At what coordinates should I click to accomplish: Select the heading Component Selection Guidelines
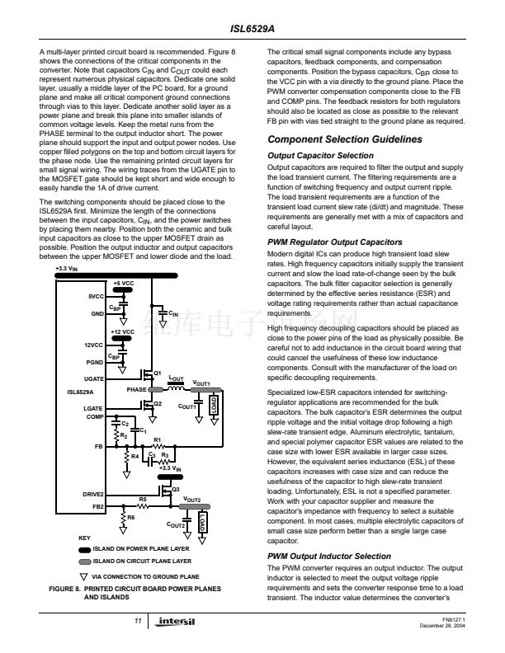(345, 139)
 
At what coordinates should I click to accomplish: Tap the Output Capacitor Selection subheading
(320, 155)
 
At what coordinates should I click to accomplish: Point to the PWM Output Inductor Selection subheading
(329, 557)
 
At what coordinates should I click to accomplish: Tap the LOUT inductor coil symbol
(176, 387)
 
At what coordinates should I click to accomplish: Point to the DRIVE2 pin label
(93, 494)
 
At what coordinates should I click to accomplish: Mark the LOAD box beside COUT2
(201, 525)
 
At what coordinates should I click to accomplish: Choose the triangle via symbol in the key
(82, 575)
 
